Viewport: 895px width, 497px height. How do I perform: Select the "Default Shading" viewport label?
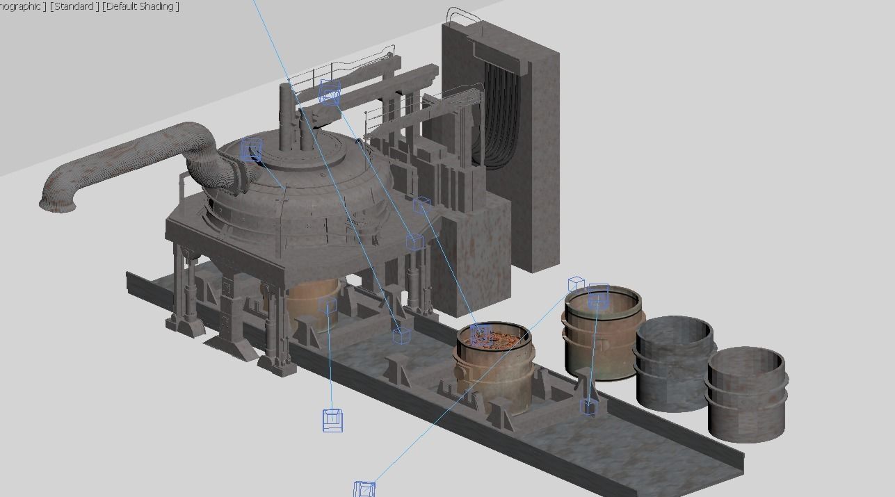[140, 6]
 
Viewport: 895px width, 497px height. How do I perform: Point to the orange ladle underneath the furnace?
[313, 302]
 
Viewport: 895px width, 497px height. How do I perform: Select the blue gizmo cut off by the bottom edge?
[364, 489]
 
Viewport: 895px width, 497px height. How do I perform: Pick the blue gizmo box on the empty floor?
[332, 420]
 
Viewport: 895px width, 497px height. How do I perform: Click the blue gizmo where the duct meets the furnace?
[251, 150]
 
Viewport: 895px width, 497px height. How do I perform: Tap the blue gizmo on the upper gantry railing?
[329, 91]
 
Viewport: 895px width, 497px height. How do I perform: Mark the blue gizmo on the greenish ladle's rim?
[598, 297]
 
